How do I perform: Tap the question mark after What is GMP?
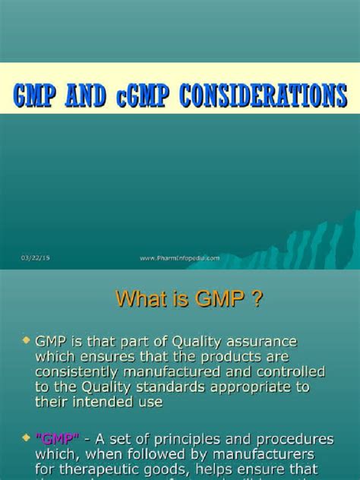[x=257, y=300]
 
